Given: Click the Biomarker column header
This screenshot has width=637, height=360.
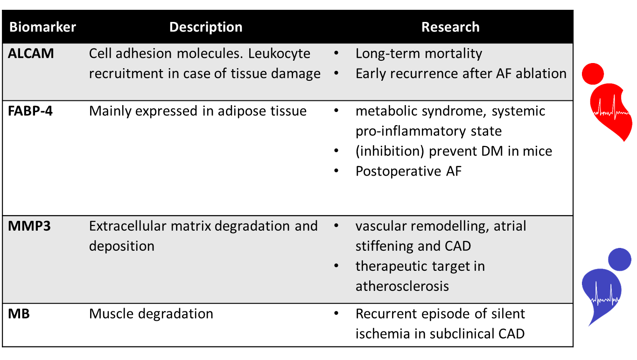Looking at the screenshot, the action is click(42, 27).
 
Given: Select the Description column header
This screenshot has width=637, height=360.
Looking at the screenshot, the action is click(206, 28).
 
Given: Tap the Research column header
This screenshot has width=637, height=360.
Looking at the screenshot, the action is click(450, 27).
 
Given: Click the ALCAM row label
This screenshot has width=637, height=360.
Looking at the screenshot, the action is click(31, 54).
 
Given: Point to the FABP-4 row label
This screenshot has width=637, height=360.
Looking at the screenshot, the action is click(30, 111).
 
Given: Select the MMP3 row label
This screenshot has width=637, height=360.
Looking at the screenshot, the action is click(29, 226).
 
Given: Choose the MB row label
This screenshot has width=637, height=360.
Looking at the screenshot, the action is click(19, 314).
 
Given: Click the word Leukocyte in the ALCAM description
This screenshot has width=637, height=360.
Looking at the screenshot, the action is click(279, 54).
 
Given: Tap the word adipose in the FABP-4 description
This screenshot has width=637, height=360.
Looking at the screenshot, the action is click(238, 111).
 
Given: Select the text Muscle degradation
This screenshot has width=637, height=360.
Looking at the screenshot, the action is click(151, 314).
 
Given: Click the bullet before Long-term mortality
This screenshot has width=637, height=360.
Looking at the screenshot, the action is click(336, 53).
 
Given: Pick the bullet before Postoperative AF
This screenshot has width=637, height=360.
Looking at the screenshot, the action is click(336, 171).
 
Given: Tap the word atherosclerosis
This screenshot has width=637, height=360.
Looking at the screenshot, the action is click(402, 286).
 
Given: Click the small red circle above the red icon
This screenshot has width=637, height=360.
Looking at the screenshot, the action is click(593, 74).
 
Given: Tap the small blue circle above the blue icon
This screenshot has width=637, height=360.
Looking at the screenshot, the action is click(620, 259).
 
